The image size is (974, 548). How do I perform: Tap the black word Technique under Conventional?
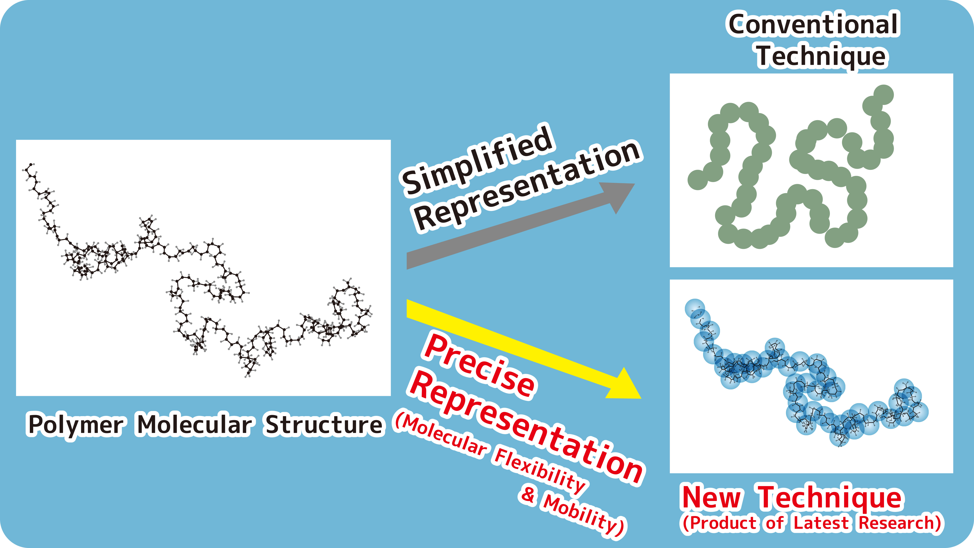pos(821,57)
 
